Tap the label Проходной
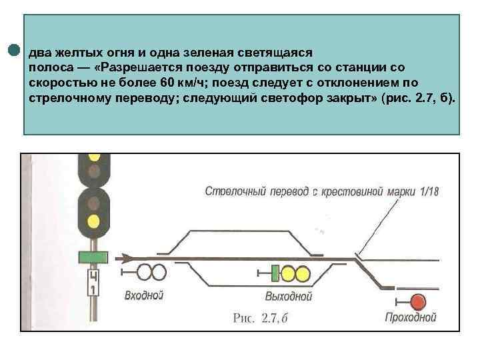[411, 319]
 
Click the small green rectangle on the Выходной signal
[274, 273]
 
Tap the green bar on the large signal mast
[93, 257]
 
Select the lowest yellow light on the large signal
[94, 220]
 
